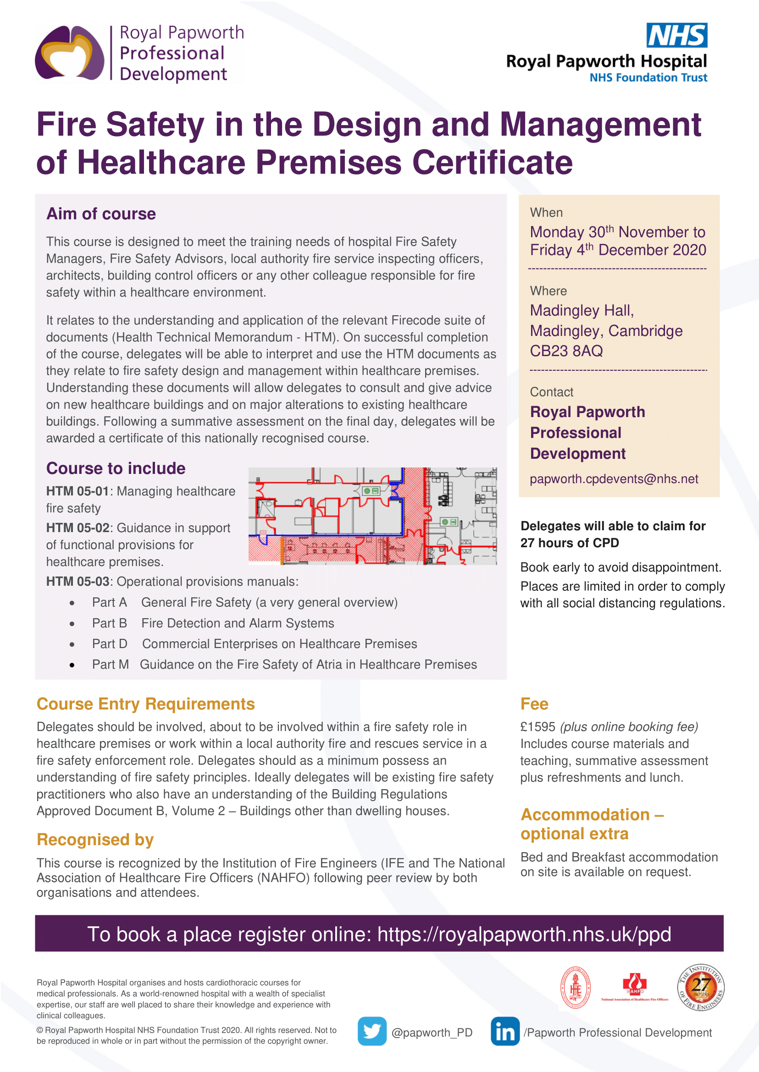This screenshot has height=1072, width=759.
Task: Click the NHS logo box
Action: pos(676,35)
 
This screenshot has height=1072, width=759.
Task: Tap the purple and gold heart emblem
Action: pos(70,53)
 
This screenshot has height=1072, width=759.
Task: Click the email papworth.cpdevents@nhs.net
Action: pos(614,479)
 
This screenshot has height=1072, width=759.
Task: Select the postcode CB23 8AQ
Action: pos(566,351)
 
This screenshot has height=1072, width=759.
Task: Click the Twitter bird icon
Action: pos(371,1031)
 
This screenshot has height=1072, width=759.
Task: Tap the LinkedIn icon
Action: pos(505,1031)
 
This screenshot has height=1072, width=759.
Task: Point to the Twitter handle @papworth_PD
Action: pos(432,1032)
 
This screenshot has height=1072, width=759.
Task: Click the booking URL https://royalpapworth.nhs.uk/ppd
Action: pos(524,934)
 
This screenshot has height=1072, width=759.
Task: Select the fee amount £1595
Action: pos(538,727)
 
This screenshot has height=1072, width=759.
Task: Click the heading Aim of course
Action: pos(101,214)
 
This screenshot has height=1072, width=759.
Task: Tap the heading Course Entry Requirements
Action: pos(146,704)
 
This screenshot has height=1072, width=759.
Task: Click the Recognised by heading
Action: pos(95,839)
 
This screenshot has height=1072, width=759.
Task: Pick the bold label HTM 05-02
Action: pos(78,528)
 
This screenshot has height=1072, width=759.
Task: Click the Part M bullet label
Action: pos(111,664)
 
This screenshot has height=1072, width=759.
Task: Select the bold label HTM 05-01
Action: pos(78,491)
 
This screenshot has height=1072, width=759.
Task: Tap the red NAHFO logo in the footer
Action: pos(634,986)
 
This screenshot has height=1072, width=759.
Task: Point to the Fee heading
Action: pos(534,704)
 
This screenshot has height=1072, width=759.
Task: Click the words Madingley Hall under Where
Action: pos(582,311)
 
